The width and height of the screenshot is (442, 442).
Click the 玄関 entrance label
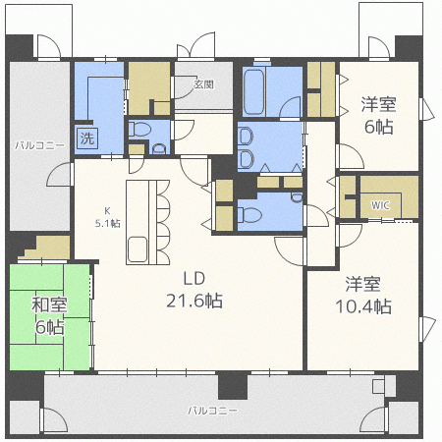tap(203, 84)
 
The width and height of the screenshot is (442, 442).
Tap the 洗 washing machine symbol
tap(87, 138)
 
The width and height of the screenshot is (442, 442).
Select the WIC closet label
tap(380, 205)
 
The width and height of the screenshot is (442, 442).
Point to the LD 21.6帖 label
tap(194, 290)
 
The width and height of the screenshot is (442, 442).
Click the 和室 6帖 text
tap(49, 315)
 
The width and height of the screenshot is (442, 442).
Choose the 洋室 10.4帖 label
tap(363, 296)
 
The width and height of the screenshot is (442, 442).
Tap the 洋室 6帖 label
tap(379, 116)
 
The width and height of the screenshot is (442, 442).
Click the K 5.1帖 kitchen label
tap(108, 217)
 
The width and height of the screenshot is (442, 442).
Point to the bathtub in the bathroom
tap(254, 91)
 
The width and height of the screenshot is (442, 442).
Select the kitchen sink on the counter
tap(138, 249)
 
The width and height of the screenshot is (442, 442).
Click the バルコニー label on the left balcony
tap(39, 145)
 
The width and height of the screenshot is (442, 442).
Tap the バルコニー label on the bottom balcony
tap(212, 411)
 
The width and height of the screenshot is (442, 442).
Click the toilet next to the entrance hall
tap(139, 129)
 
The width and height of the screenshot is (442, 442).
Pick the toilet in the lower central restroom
tap(249, 215)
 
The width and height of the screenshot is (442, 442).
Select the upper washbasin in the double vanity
tap(246, 137)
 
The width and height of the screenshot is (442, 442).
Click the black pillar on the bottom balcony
tap(233, 385)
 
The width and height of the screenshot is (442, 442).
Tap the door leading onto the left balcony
tap(59, 175)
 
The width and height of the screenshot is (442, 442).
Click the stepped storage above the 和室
tap(46, 248)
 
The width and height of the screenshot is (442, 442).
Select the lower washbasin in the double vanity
tap(246, 159)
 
